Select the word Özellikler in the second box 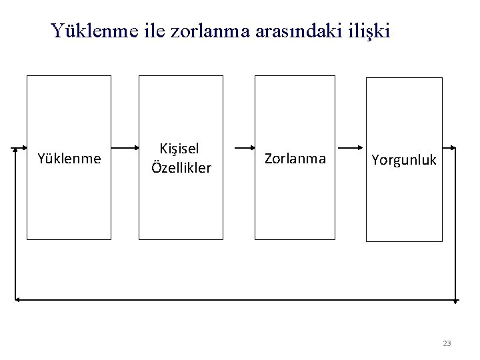(181, 167)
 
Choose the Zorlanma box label (295, 159)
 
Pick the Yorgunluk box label (404, 160)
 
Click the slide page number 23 (447, 343)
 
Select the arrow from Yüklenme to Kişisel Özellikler (125, 146)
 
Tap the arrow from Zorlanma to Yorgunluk (351, 146)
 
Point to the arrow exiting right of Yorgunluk (449, 147)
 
